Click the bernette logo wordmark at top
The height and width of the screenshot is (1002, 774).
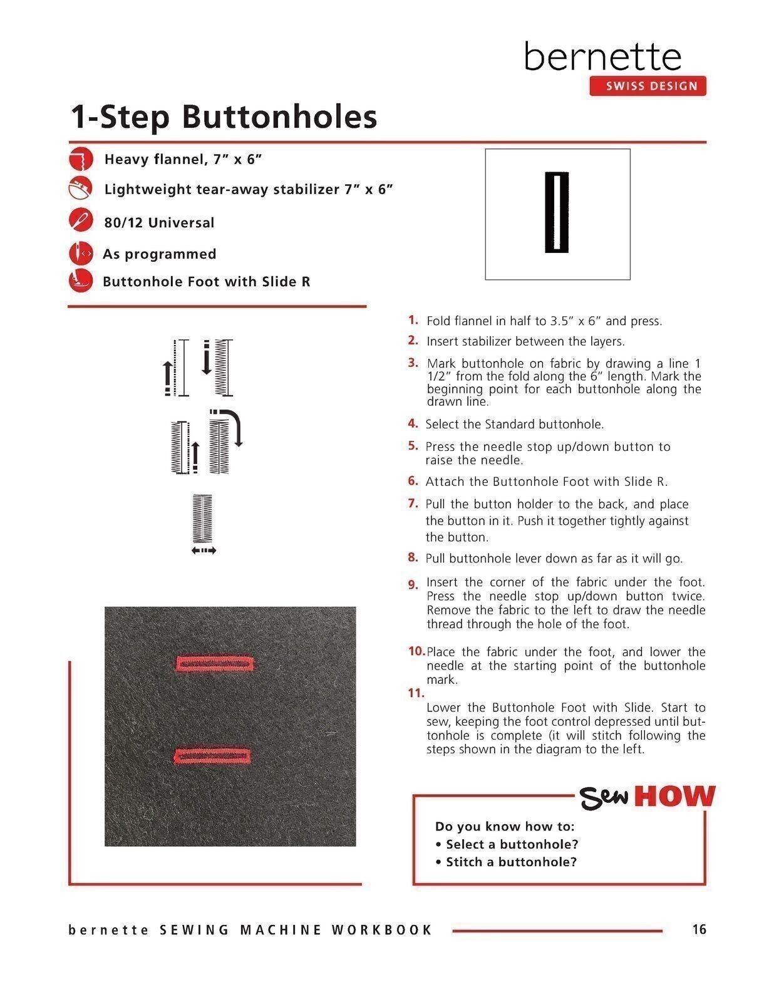click(602, 57)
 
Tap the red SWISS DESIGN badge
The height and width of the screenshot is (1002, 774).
click(648, 86)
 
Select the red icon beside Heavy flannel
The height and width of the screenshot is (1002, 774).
click(81, 159)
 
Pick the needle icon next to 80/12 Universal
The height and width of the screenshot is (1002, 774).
click(81, 221)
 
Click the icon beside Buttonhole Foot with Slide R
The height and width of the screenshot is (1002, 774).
click(81, 280)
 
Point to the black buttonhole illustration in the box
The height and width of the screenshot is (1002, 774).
click(557, 212)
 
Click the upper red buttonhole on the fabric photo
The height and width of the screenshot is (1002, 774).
click(215, 663)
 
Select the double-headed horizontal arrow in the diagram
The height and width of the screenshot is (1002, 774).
click(204, 550)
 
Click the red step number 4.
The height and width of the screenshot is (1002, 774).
click(413, 423)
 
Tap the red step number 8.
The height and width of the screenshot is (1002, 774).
click(413, 557)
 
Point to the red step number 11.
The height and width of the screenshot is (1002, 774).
click(416, 693)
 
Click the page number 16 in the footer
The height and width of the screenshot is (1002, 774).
click(699, 929)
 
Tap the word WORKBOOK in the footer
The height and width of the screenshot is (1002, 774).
click(382, 930)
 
